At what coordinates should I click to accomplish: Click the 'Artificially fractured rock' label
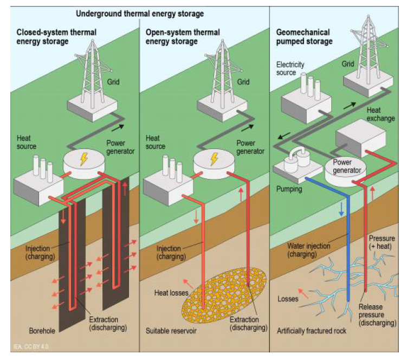coord(310,330)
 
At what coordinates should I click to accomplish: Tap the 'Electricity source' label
coord(290,68)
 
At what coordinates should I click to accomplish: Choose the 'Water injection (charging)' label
coord(309,249)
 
